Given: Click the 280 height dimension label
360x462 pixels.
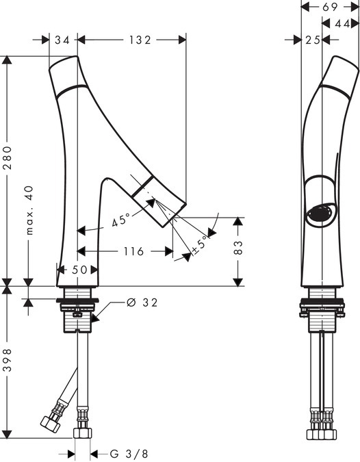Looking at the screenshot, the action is (8, 157).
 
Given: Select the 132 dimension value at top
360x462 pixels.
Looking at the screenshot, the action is (140, 40).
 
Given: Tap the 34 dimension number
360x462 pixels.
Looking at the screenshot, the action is (62, 40).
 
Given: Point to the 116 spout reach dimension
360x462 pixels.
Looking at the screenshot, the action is (133, 251).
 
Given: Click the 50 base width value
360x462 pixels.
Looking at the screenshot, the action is (79, 270).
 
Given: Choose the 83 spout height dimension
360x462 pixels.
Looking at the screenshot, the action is (238, 248).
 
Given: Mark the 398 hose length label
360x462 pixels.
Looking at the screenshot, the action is (8, 360).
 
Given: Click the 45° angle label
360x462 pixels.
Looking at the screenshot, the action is (121, 219).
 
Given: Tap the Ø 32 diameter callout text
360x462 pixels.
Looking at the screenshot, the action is (142, 303).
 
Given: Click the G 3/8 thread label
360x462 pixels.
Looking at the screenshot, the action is (129, 454).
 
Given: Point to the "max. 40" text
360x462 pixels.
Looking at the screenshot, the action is (29, 210).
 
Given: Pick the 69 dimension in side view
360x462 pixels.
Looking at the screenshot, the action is (330, 7).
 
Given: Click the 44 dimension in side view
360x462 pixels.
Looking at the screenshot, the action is (342, 24).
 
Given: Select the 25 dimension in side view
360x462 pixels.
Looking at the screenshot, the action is (313, 40).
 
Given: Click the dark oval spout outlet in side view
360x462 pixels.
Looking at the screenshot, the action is (320, 213).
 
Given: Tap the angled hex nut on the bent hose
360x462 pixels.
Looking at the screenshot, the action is (51, 424).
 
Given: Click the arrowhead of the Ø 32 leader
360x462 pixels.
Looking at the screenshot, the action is (94, 318).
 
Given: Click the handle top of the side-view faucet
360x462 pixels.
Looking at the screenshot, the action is (345, 64).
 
